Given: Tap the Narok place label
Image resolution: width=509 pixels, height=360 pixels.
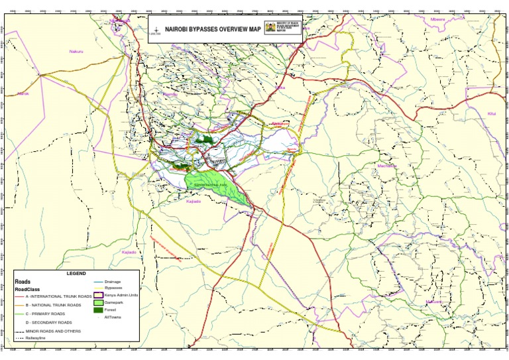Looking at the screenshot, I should click(x=24, y=94).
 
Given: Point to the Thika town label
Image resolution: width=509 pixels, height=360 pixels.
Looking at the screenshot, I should click(x=280, y=88).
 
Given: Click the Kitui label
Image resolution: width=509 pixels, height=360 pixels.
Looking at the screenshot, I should click(x=491, y=113).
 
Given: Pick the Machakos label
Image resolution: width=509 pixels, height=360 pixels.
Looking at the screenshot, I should click(x=386, y=166).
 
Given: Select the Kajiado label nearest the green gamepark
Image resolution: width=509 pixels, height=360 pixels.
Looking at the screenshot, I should click(x=194, y=201).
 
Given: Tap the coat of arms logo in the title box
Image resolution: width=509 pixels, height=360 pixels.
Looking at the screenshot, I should click(x=270, y=27).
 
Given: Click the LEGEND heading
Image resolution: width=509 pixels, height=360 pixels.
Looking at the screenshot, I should click(x=76, y=273).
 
